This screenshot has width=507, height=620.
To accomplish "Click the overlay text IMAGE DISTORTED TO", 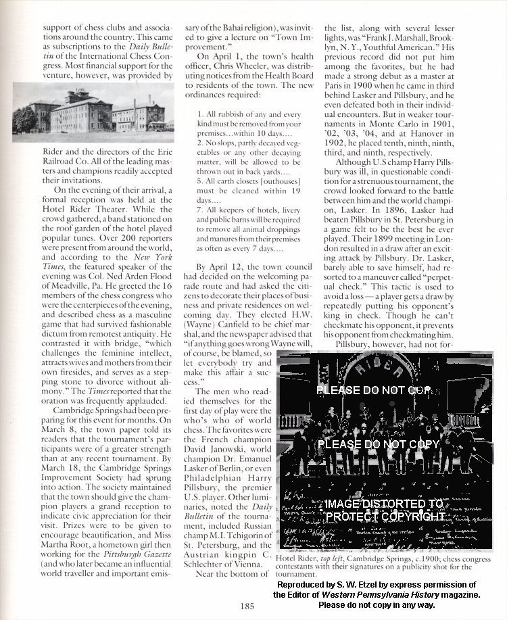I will click(x=384, y=504).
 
